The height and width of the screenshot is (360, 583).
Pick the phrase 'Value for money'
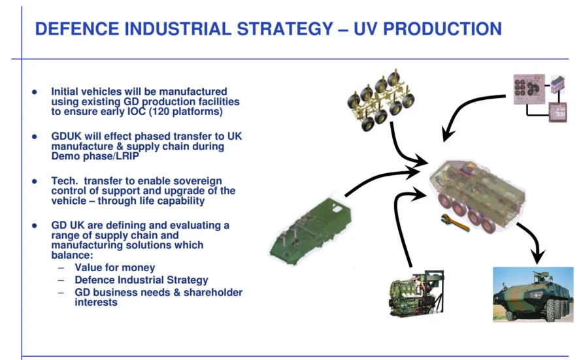[x=115, y=267]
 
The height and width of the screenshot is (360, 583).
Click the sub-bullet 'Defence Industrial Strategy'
[x=141, y=280]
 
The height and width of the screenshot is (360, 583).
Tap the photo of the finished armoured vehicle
[x=532, y=293]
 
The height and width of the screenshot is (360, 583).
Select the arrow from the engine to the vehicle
[x=400, y=222]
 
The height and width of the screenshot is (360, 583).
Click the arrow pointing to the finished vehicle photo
[x=533, y=242]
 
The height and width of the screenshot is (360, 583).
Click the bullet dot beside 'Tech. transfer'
[x=35, y=181]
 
